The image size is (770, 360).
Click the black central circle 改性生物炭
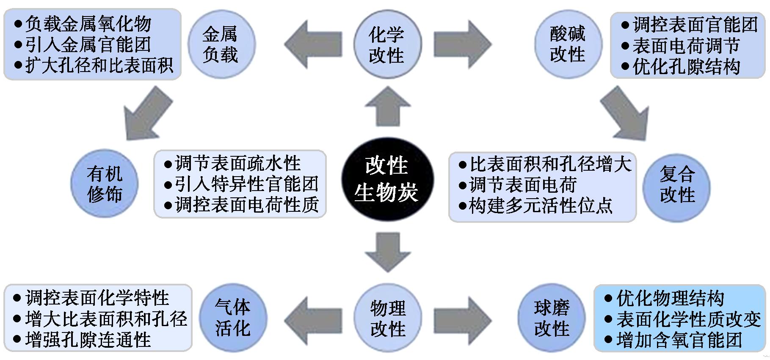(387, 180)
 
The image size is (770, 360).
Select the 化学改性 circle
(387, 44)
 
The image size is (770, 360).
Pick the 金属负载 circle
(221, 44)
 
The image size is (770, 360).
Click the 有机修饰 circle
(104, 184)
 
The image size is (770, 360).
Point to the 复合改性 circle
(676, 186)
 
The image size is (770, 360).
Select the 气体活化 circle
(233, 318)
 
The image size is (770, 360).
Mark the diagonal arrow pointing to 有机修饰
(147, 114)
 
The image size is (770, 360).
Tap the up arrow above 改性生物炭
(388, 106)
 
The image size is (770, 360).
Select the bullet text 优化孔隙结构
(686, 67)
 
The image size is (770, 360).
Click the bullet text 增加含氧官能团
(679, 340)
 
